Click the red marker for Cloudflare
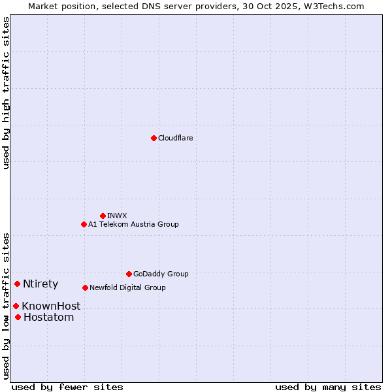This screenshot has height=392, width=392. tap(154, 138)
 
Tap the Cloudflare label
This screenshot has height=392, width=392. tap(176, 138)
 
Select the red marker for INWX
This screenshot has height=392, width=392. tap(103, 216)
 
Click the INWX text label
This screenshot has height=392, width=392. tap(117, 216)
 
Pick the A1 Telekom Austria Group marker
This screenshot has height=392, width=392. tap(84, 224)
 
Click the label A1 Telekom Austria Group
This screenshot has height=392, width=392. tap(133, 224)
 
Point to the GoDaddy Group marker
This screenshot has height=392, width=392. tap(129, 274)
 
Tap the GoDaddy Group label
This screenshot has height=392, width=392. tap(161, 274)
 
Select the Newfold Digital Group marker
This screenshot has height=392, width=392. tap(85, 287)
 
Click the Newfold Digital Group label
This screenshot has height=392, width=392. tap(127, 287)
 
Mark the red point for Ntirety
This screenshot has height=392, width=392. tap(17, 284)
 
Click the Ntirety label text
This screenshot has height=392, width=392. tap(41, 284)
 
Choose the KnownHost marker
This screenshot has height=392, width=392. tap(16, 306)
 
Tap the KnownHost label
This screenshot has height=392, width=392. tap(51, 306)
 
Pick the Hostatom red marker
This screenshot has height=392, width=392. tap(18, 318)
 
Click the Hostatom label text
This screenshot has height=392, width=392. tap(48, 318)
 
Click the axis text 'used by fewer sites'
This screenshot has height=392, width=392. tap(67, 387)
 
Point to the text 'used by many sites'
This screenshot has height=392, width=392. tap(328, 387)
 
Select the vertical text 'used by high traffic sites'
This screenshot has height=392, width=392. tap(6, 93)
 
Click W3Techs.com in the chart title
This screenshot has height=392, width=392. tap(337, 6)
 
